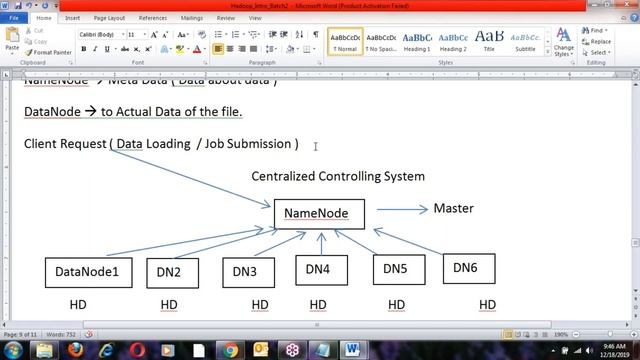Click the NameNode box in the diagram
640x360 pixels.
[x=319, y=213]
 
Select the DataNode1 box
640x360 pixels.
[x=87, y=271]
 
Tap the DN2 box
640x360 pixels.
[x=169, y=271]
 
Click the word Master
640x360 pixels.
[x=453, y=208]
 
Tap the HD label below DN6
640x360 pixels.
[x=488, y=304]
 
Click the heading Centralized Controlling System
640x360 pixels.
[x=337, y=176]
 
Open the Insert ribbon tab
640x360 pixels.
[x=73, y=17]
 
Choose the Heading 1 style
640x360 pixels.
[x=417, y=41]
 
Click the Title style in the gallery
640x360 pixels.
[x=489, y=41]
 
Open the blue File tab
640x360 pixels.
[x=15, y=17]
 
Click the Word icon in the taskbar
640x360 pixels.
[x=351, y=349]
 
